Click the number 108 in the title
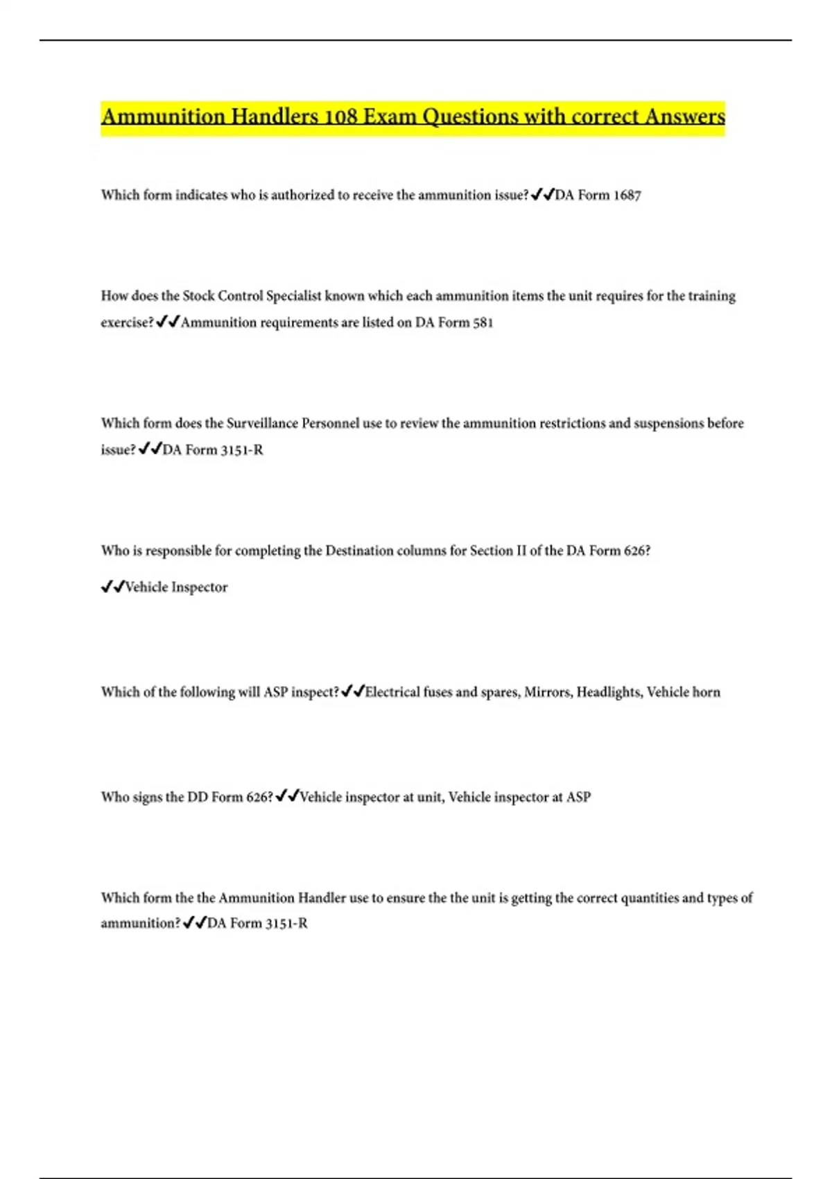tap(340, 116)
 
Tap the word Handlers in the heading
tap(275, 116)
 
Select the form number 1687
tap(627, 196)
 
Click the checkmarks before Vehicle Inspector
tap(112, 587)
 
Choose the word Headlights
tap(609, 692)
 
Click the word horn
tap(707, 692)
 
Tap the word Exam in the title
tap(390, 116)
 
